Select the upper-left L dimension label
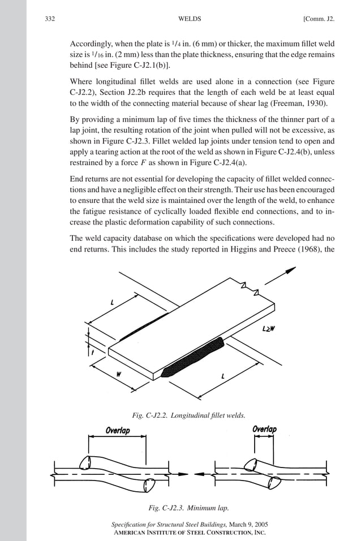tap(112, 304)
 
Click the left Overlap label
tap(118, 430)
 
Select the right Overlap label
tap(264, 429)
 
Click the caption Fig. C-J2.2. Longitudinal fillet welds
tap(188, 416)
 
